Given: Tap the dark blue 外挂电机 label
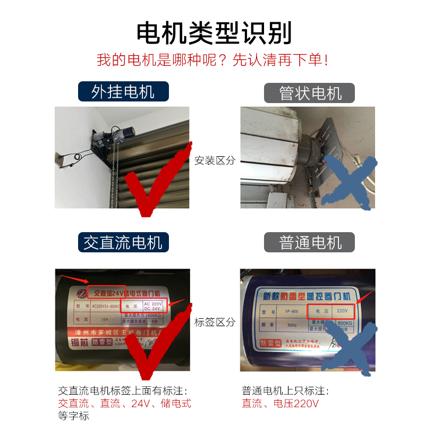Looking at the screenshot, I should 123,91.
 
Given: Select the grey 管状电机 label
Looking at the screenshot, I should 310,92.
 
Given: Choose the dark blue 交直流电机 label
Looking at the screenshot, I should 123,243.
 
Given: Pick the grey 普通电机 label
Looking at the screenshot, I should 310,243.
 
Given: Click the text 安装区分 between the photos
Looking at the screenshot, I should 214,160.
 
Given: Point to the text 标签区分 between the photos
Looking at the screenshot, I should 214,322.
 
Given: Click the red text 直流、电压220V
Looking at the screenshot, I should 280,404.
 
